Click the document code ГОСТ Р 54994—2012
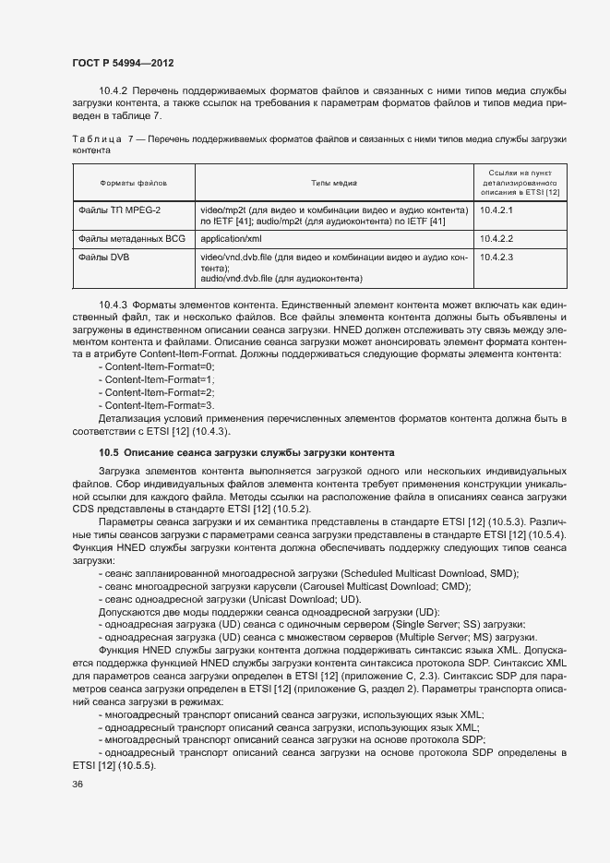(123, 63)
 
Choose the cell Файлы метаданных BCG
(134, 238)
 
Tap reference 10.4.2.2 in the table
(496, 238)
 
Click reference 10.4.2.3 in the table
(496, 256)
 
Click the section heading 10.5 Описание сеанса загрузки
(246, 452)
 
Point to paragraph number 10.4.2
(113, 90)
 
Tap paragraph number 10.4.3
(113, 304)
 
